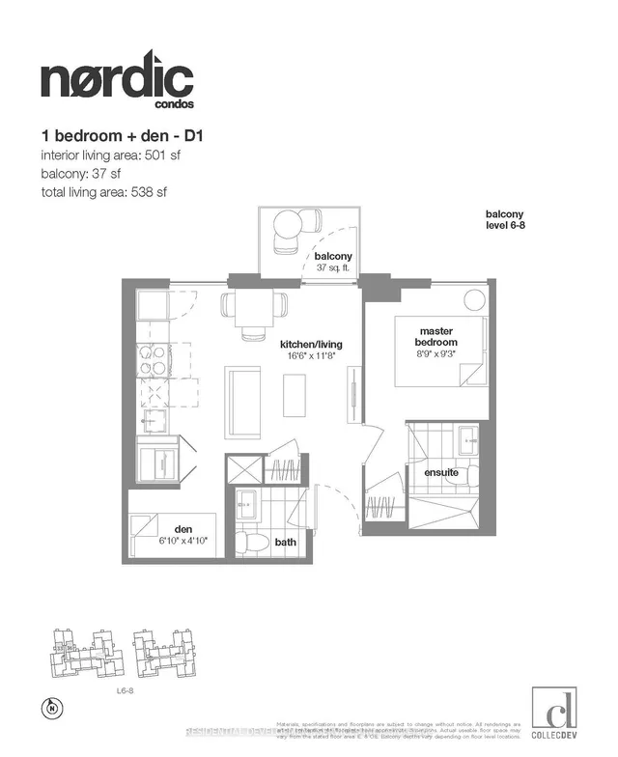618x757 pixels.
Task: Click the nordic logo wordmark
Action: (x=116, y=77)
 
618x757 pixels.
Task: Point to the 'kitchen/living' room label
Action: (x=311, y=345)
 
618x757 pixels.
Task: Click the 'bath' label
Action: (x=285, y=543)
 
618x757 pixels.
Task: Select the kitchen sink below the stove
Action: (x=152, y=419)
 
